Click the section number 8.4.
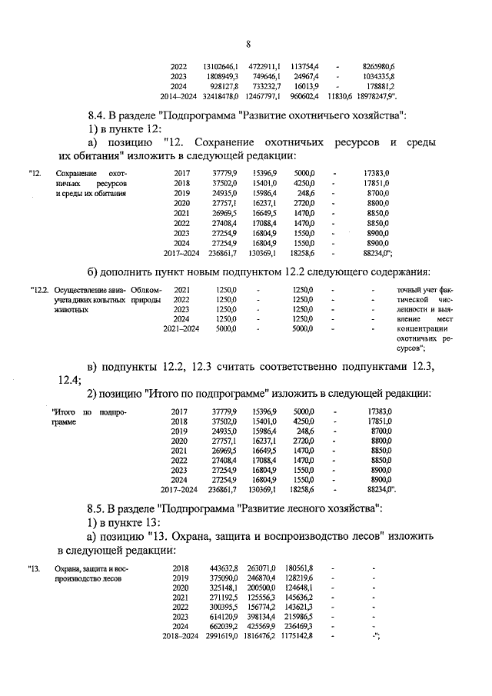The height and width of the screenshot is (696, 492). coord(99,115)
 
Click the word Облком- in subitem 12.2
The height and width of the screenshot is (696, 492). coord(145,289)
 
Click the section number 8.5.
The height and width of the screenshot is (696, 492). coord(99,509)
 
